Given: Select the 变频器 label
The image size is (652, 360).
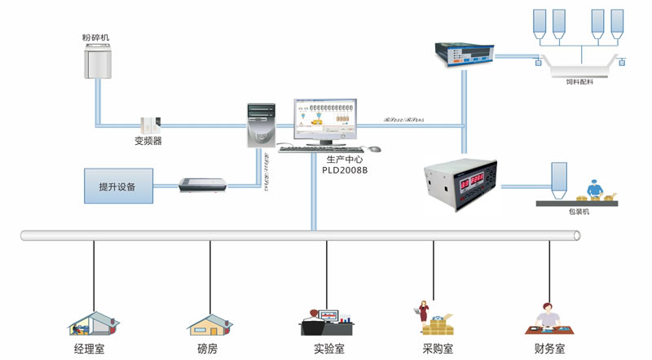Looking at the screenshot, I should (x=149, y=140).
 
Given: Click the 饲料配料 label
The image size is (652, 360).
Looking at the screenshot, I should (x=581, y=81).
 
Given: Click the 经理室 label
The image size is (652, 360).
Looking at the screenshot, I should (x=90, y=349).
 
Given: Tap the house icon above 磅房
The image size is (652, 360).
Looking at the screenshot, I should (x=210, y=323).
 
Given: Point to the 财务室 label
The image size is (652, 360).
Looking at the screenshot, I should (x=549, y=349).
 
